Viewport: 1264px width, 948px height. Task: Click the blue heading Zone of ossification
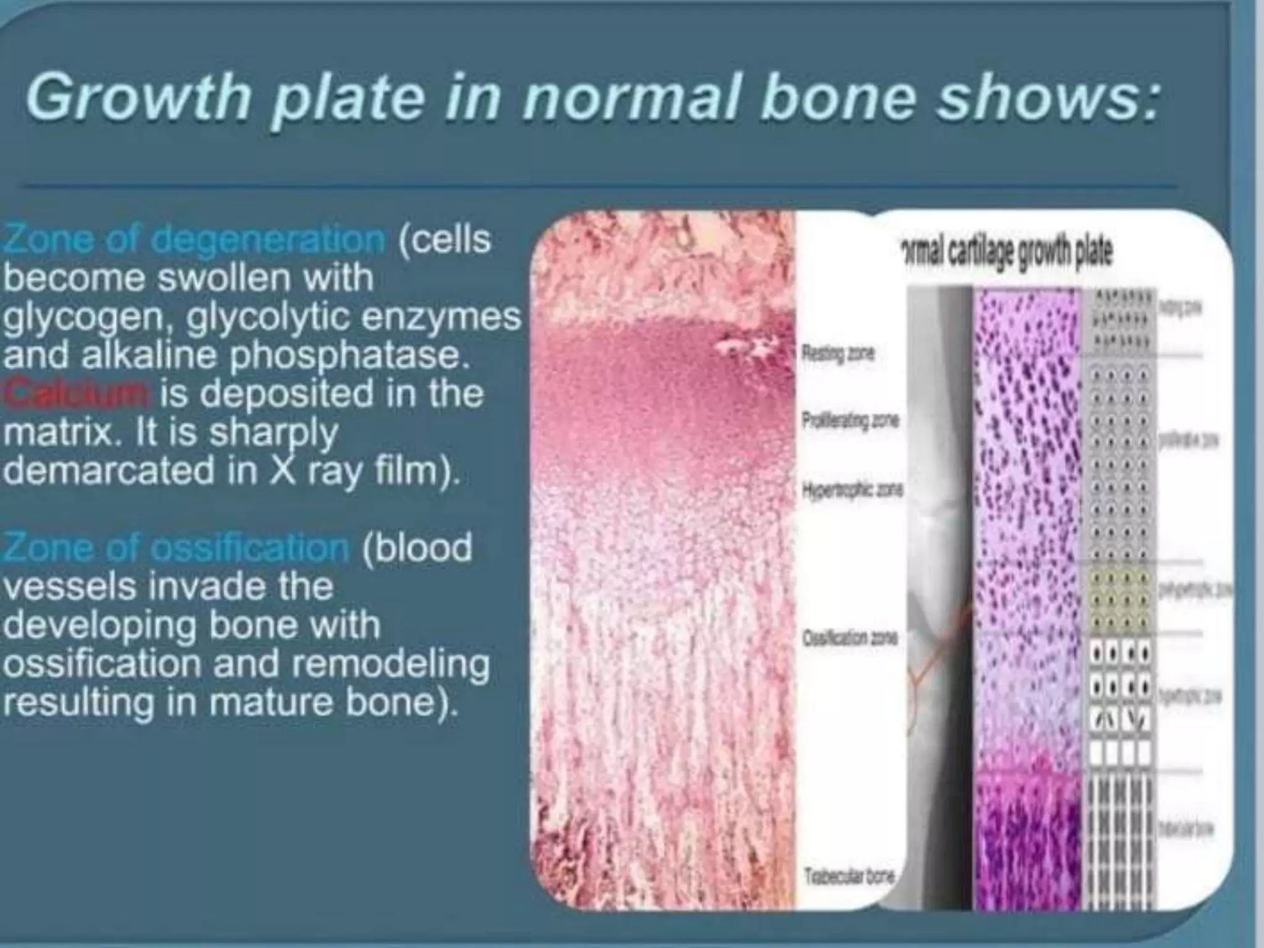[x=177, y=547]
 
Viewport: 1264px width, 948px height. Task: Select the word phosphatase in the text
[x=346, y=355]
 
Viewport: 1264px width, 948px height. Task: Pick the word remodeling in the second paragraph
[x=389, y=663]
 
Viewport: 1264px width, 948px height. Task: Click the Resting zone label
[x=838, y=354]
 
